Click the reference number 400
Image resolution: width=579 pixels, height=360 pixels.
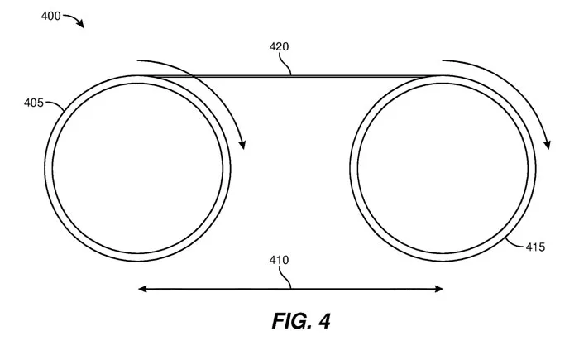click(x=50, y=16)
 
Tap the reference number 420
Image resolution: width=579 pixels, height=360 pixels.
click(x=279, y=46)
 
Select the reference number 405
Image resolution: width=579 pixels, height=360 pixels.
click(x=34, y=103)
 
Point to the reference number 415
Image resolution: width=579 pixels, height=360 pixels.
click(x=535, y=247)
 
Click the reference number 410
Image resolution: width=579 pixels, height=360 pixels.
click(x=279, y=260)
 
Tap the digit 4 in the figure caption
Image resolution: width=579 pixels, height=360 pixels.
click(x=324, y=321)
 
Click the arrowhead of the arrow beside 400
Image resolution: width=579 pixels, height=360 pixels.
click(x=80, y=24)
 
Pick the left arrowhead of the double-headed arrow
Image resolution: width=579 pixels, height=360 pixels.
click(x=142, y=289)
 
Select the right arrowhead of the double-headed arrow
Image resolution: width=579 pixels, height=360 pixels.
click(x=438, y=289)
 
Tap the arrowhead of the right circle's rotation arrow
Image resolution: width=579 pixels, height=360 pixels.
click(x=548, y=145)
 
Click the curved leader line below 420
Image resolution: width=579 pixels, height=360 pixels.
click(x=285, y=65)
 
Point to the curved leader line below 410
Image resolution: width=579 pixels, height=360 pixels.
click(x=285, y=277)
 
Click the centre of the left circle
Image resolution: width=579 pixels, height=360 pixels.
click(x=138, y=168)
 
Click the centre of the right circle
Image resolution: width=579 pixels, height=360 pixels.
click(x=443, y=168)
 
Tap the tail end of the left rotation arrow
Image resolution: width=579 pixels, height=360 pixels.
click(x=137, y=60)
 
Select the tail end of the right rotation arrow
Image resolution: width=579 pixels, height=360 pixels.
click(x=443, y=60)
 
